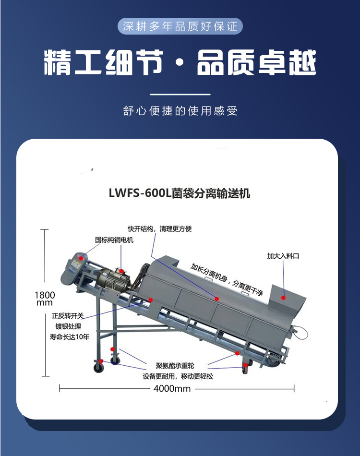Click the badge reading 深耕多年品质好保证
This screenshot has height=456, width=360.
[x=180, y=26]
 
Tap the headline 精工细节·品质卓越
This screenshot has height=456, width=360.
[x=180, y=62]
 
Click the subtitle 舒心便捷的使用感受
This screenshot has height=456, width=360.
[x=180, y=111]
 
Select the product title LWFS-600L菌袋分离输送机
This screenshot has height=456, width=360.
[x=180, y=193]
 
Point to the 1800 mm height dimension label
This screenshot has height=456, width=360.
[x=45, y=299]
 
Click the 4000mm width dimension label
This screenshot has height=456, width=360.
[x=172, y=388]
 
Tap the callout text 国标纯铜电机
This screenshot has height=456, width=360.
[x=114, y=240]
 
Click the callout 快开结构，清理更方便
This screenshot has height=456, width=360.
[x=160, y=229]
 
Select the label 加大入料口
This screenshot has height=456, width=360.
[x=283, y=256]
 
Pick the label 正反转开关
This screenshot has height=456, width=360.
[x=68, y=316]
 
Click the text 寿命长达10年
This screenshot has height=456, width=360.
[x=70, y=337]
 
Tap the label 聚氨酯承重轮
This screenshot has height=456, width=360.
[x=175, y=366]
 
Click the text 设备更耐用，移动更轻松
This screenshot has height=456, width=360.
[x=178, y=376]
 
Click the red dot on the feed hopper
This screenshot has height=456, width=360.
[x=283, y=298]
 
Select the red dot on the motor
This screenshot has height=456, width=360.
[x=121, y=272]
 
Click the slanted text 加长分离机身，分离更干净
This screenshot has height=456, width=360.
[x=227, y=279]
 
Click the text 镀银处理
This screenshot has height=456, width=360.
[x=68, y=326]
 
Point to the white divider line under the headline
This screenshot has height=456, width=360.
[x=180, y=95]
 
